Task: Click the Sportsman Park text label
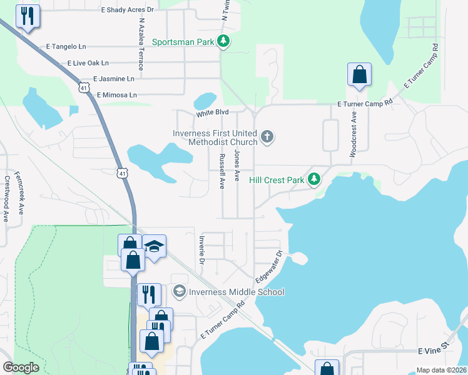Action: click(x=183, y=42)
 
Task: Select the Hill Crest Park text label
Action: click(x=276, y=180)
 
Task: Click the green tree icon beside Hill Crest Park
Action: click(x=313, y=180)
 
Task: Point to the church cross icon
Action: click(x=267, y=137)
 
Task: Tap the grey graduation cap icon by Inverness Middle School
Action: click(x=180, y=292)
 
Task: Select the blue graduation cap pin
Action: click(x=154, y=247)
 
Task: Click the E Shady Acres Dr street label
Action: click(x=127, y=11)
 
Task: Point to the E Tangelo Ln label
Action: click(x=66, y=47)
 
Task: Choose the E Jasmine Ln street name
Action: click(x=113, y=79)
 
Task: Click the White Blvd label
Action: click(x=212, y=113)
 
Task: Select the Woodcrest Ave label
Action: click(x=354, y=134)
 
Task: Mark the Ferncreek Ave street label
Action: click(x=18, y=193)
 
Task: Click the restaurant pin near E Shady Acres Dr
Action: click(x=28, y=16)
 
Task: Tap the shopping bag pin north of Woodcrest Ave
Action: click(x=360, y=75)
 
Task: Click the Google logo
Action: click(x=20, y=367)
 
